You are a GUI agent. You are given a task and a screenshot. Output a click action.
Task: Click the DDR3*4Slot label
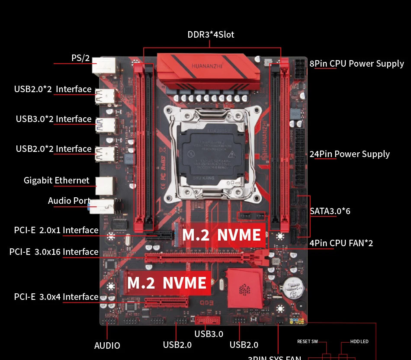pos(211,35)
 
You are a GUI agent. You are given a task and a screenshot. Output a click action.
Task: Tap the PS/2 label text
pos(80,58)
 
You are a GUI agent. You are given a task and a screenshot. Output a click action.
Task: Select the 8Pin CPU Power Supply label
pos(356,64)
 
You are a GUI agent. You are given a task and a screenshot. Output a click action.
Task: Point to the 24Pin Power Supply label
pos(350,154)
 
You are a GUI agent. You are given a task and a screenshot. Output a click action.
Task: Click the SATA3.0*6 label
pos(330,211)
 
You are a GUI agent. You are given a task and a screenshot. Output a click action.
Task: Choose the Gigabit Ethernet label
pos(57,180)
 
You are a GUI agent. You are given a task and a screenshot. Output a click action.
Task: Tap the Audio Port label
pos(69,201)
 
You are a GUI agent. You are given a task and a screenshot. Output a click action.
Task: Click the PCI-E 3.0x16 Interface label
pos(54,252)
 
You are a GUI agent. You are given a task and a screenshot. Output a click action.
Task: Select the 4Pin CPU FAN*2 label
pos(341,243)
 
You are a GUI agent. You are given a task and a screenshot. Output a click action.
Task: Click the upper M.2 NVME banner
pos(222,235)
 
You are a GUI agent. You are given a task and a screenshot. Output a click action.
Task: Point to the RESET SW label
pos(307,342)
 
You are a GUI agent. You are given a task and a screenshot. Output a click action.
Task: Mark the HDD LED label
pos(360,342)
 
